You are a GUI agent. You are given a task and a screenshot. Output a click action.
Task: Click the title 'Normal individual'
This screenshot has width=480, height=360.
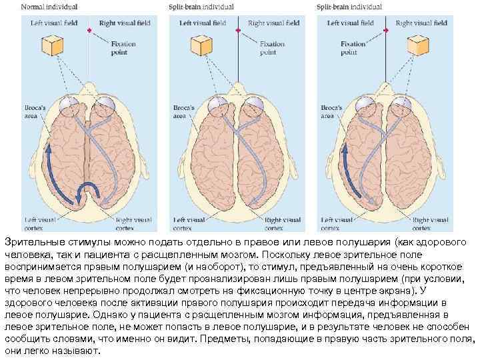pos(49,7)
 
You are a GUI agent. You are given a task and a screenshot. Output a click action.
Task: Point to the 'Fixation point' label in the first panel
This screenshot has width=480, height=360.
pos(124,48)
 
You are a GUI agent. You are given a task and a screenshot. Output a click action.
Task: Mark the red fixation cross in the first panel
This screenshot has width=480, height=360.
pos(89,31)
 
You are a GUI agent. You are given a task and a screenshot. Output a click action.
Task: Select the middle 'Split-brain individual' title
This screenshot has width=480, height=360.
pos(201,7)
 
